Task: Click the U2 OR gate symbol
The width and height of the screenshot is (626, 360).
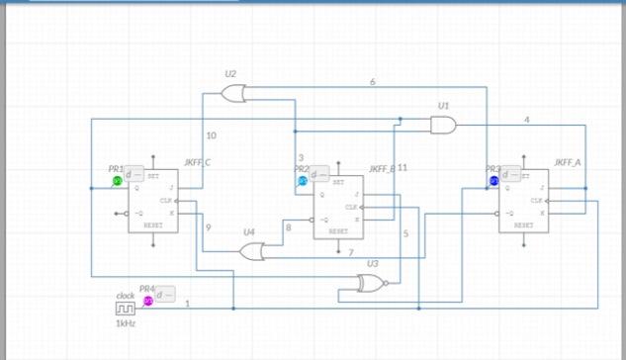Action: [234, 93]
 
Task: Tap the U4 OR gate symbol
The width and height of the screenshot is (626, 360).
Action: [253, 251]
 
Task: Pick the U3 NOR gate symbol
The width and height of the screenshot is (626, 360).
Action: [372, 284]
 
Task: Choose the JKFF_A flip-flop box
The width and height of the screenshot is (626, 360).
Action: [524, 201]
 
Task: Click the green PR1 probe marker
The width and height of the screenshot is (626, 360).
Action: [117, 181]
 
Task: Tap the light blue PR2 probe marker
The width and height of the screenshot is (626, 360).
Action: [302, 182]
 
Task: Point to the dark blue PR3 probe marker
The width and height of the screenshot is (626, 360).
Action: [493, 181]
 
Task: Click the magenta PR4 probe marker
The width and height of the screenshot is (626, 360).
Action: [148, 301]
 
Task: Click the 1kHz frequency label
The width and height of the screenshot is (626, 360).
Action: [125, 323]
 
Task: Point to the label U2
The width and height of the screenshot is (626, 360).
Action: [230, 74]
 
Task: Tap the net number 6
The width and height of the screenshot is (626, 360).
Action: [373, 81]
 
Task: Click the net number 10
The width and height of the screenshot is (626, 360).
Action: [211, 135]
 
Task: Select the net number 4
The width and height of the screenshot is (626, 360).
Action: [526, 120]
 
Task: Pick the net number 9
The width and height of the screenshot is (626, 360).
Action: [208, 228]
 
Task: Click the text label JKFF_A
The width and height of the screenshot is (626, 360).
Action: [568, 161]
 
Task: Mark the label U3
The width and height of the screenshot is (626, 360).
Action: [372, 263]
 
